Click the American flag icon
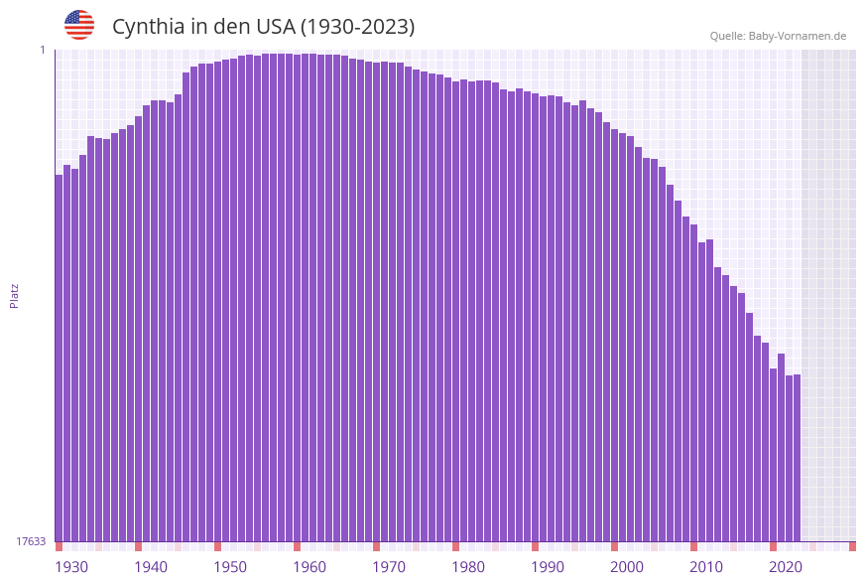coord(79,25)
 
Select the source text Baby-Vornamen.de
coord(797,36)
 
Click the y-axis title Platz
coord(15,295)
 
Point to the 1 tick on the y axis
coord(42,50)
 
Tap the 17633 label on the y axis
coord(31,541)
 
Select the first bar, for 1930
coord(59,358)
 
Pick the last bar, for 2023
coord(797,458)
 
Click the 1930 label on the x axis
coord(70,567)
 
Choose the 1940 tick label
coord(151,567)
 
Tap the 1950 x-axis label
coord(230,567)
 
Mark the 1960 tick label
coord(309,567)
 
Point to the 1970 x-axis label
coord(389,567)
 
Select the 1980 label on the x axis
coord(468,567)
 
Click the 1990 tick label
coord(548,567)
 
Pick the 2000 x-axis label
coord(627,567)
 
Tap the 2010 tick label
coord(706,567)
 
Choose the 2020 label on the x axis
coord(786,567)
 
